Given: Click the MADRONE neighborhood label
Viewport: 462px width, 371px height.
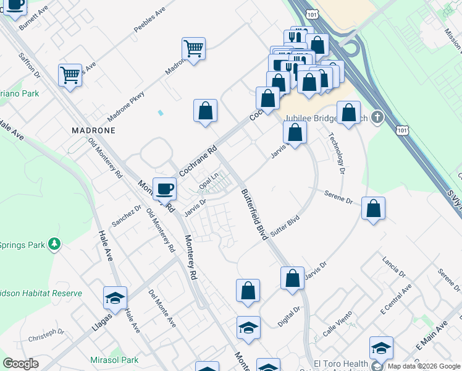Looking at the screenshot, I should tap(93, 131).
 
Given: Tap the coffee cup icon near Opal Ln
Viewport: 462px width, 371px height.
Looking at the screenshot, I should tap(164, 188).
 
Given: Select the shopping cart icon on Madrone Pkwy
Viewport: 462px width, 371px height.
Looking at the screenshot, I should tap(194, 49).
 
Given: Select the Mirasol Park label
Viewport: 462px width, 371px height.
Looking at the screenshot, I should tap(114, 360).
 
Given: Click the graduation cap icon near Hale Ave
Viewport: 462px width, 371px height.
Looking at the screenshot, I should tap(115, 299).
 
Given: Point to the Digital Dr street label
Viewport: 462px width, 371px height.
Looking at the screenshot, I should tap(288, 316).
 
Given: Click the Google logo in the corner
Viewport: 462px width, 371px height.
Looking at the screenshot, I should tap(20, 364).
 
